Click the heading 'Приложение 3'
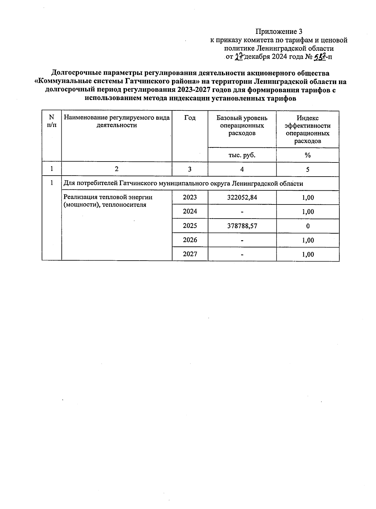coord(279,32)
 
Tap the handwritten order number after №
coord(320,57)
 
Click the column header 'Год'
coord(190,118)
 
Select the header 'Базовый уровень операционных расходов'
coord(242,125)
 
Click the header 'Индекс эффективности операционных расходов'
coord(307,129)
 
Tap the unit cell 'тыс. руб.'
coord(242,155)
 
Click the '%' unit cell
coord(307,155)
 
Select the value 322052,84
coord(242,197)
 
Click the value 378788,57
coord(242,226)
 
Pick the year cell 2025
coord(190,226)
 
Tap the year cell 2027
coord(190,254)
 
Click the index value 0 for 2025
coord(308,226)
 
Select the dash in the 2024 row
coord(242,212)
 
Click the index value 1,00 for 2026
coord(308,240)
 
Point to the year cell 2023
coord(190,197)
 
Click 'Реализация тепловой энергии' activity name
coord(108,197)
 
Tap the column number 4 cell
coord(242,169)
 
